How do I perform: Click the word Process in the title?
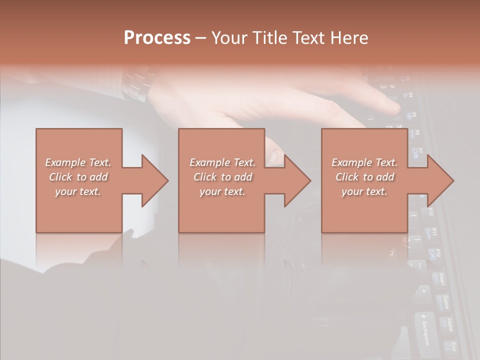(x=157, y=38)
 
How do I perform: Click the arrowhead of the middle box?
(x=297, y=180)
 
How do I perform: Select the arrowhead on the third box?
(x=440, y=180)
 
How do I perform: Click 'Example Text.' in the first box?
(x=78, y=162)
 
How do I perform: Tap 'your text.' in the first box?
(x=78, y=191)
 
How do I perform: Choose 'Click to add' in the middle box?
(x=222, y=177)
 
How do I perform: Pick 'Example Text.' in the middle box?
(x=222, y=162)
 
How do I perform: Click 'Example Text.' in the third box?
(x=364, y=162)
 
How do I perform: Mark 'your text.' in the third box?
(x=364, y=191)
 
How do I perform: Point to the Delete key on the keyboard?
(x=442, y=303)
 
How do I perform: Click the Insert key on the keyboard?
(x=438, y=279)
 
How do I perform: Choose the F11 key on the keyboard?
(x=432, y=232)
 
